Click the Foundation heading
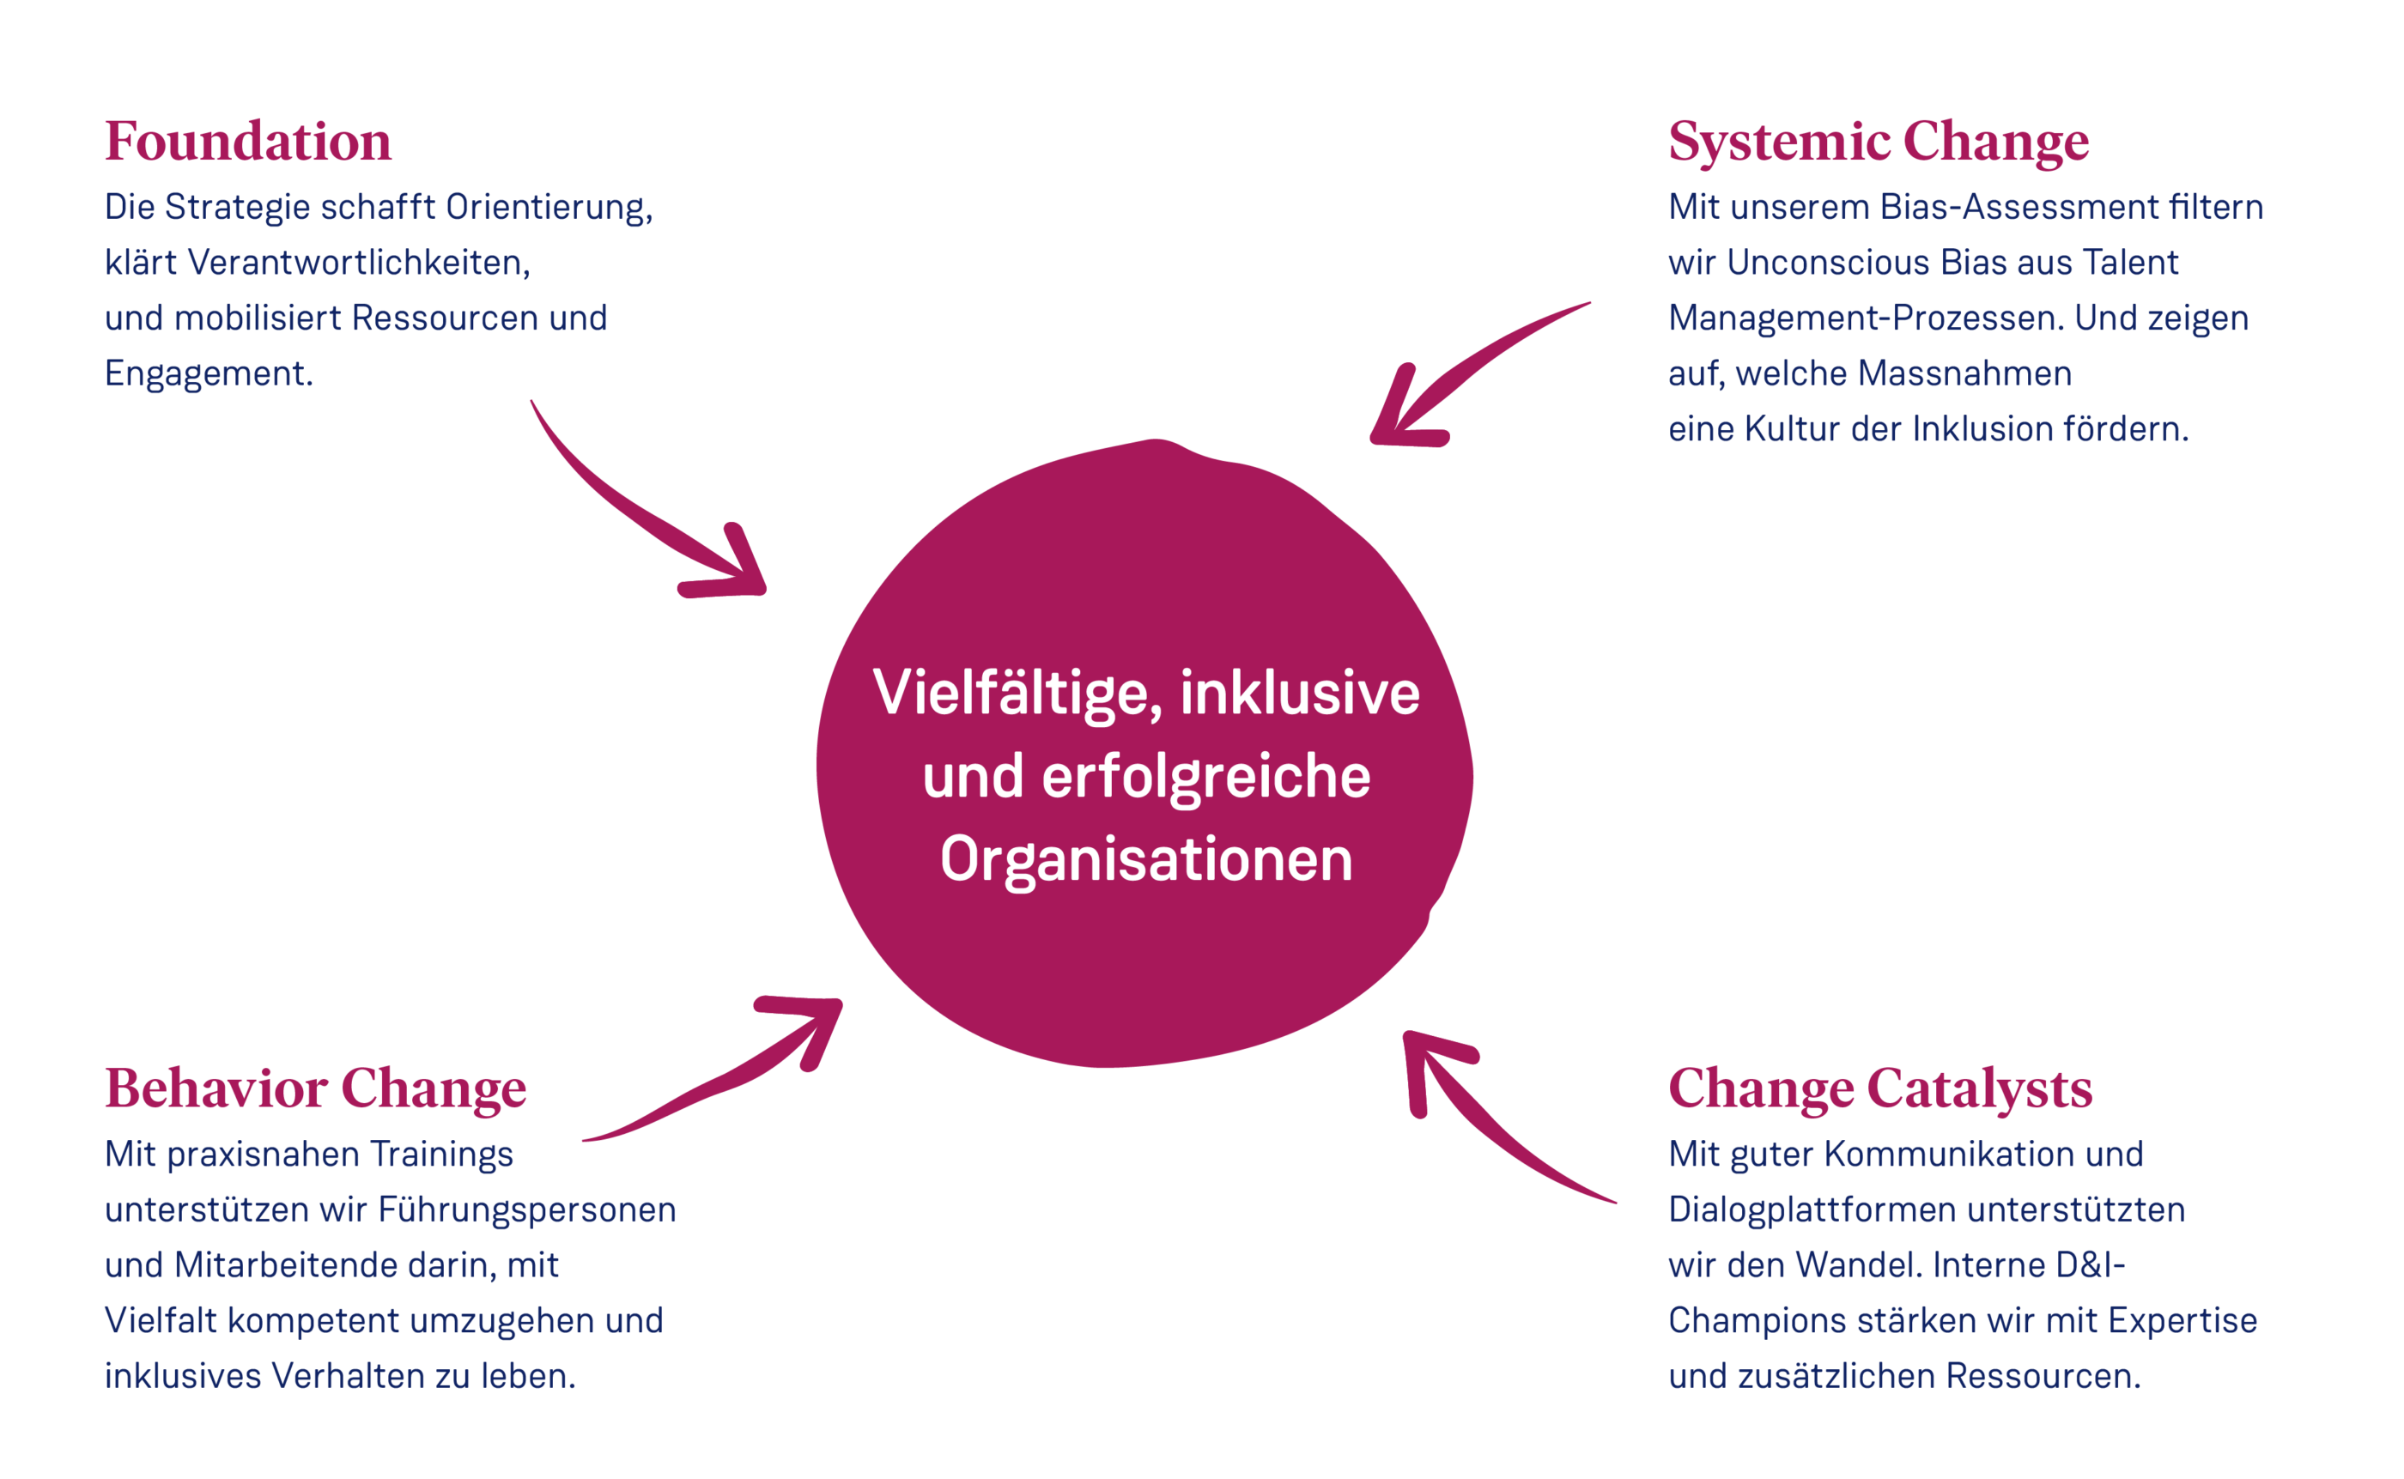(x=247, y=141)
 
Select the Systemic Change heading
(x=1878, y=142)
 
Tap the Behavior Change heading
(x=315, y=1089)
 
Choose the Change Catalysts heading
(x=1879, y=1089)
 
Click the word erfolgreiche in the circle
(x=1205, y=778)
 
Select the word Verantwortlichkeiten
(x=359, y=264)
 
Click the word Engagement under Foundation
(x=209, y=374)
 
